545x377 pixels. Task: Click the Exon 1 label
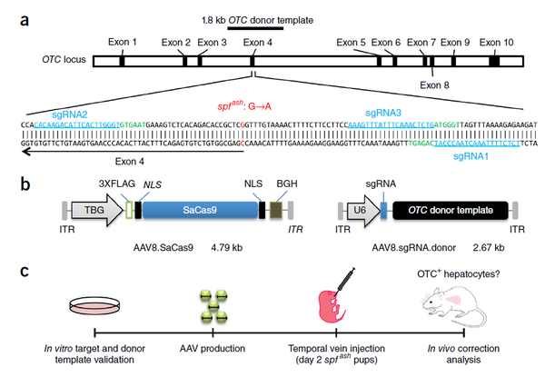(123, 42)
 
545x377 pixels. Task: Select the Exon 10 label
(496, 42)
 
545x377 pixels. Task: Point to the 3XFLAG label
(116, 184)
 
